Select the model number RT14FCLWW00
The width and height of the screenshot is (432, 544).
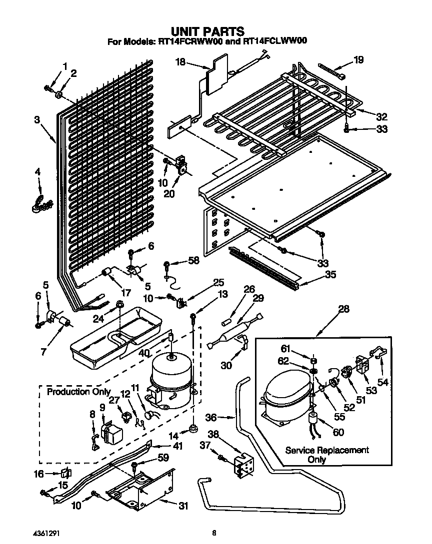[272, 42]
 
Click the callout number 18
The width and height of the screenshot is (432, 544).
[180, 62]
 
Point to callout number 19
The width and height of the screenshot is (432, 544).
[358, 60]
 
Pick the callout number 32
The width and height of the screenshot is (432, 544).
[381, 117]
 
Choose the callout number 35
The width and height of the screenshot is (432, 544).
[330, 274]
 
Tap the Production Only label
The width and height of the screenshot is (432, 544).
[78, 392]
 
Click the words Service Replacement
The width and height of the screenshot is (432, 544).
[327, 450]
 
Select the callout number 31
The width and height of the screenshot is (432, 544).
[183, 506]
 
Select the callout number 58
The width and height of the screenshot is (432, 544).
[192, 260]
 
